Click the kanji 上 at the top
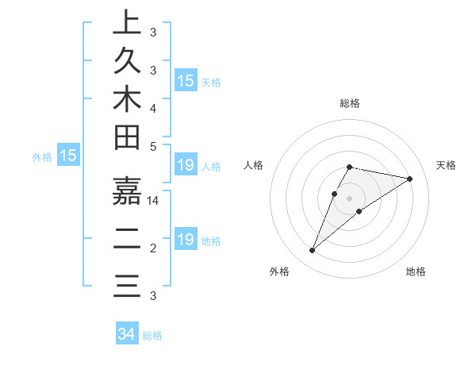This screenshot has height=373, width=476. point(127,24)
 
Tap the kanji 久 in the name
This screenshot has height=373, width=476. point(127,61)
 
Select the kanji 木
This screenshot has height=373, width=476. point(127,99)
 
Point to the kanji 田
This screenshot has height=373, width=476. point(127,138)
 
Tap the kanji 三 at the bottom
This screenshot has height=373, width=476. point(127,284)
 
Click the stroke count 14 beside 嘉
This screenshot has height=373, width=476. point(154,202)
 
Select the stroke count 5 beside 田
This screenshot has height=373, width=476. point(153,146)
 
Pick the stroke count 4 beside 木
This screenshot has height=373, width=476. point(153,107)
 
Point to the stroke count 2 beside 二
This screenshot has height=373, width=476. point(153,249)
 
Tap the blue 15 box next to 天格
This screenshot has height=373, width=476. point(186,81)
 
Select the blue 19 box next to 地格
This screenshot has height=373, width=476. point(186,240)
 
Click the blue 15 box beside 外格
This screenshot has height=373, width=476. point(68,156)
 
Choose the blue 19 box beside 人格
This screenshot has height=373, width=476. point(186,166)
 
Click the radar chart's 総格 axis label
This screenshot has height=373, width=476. point(350,103)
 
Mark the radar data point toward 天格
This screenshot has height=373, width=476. point(410,179)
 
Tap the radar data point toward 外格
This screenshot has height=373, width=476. point(313,251)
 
